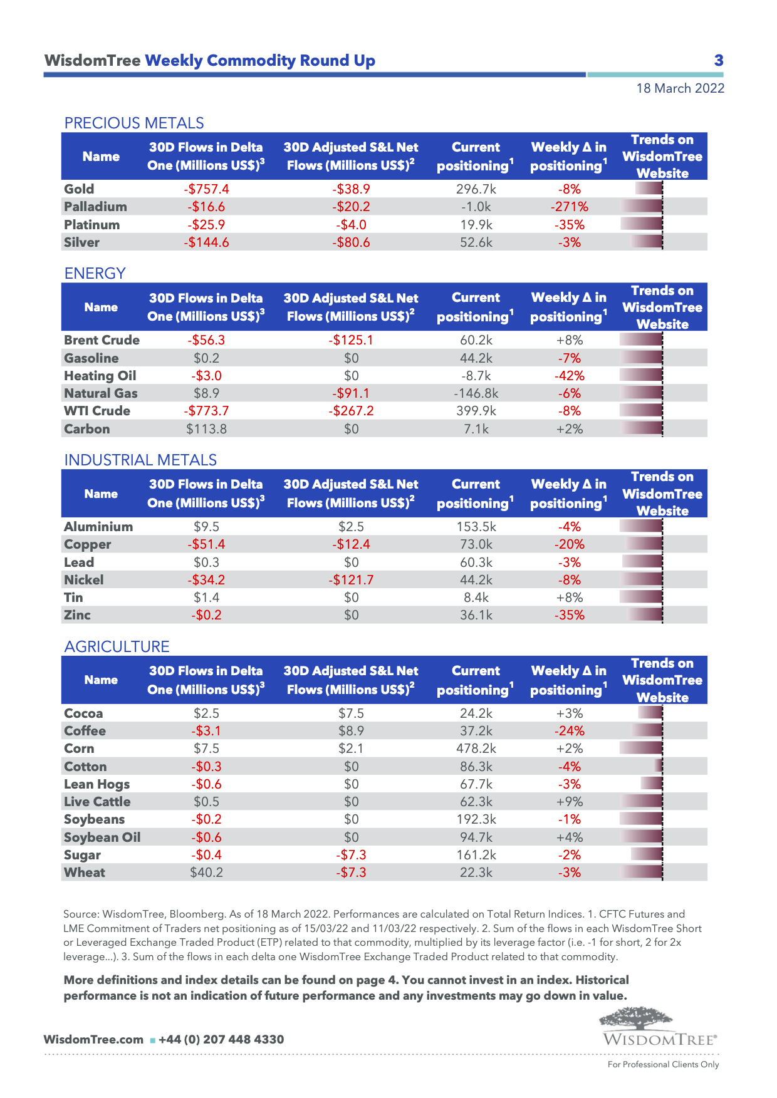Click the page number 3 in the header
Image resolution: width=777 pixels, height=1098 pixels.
[x=719, y=61]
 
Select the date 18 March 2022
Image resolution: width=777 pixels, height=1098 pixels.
[x=680, y=88]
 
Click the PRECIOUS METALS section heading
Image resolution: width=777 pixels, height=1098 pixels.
[x=134, y=123]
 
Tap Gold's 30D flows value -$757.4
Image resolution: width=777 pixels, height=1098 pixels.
[x=206, y=189]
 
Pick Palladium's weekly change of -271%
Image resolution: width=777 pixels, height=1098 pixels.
[x=569, y=207]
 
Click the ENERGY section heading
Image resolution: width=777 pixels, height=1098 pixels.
[x=95, y=273]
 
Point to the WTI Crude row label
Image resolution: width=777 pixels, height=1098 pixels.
[x=97, y=411]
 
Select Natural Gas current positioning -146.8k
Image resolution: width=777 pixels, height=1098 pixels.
[x=476, y=393]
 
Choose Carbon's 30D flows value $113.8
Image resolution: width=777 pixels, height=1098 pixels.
[x=206, y=429]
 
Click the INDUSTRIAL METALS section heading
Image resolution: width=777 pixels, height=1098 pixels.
[x=140, y=460]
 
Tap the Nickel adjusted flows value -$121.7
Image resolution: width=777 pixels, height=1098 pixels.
[x=351, y=580]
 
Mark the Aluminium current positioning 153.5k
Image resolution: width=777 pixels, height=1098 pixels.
[x=476, y=527]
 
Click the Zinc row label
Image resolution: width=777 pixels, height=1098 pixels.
[x=77, y=615]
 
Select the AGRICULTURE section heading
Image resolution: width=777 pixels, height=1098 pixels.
[x=117, y=646]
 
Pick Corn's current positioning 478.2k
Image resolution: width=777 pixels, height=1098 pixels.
[x=476, y=748]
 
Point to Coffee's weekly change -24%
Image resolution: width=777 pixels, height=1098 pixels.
[x=569, y=731]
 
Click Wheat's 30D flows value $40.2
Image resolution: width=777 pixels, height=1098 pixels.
[x=206, y=873]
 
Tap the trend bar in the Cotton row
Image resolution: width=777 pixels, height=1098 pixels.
[x=659, y=766]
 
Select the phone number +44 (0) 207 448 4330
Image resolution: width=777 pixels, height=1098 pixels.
[x=221, y=1040]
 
